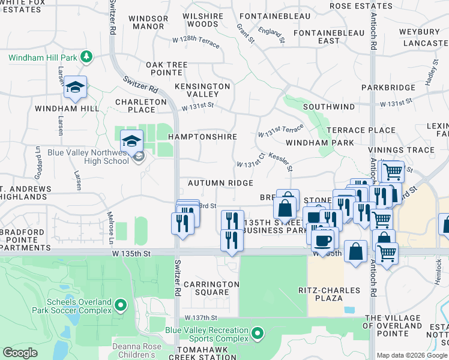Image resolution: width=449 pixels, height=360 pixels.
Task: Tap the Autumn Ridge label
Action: tap(220, 182)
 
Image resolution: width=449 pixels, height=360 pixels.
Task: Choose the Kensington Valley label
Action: tap(202, 90)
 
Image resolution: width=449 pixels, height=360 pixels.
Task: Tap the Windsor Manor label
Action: tap(149, 22)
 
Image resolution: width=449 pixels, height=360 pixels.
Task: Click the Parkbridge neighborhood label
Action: tap(388, 88)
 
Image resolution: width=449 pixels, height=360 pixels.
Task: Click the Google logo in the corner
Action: tap(20, 353)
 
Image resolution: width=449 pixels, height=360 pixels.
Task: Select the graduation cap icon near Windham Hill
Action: tap(75, 88)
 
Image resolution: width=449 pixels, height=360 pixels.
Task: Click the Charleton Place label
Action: tap(140, 106)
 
